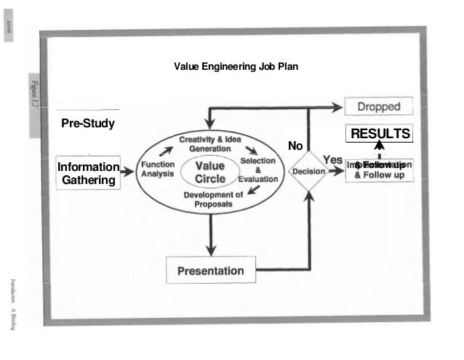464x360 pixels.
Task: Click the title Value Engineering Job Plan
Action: point(235,67)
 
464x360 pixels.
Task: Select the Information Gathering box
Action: point(88,174)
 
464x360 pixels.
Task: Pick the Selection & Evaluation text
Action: point(258,169)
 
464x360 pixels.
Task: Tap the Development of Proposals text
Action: point(212,199)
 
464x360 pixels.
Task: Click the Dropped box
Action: point(378,107)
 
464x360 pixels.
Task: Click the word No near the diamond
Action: point(295,146)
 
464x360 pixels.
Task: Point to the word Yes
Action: point(332,159)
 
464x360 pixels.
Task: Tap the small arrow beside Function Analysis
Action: point(167,151)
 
